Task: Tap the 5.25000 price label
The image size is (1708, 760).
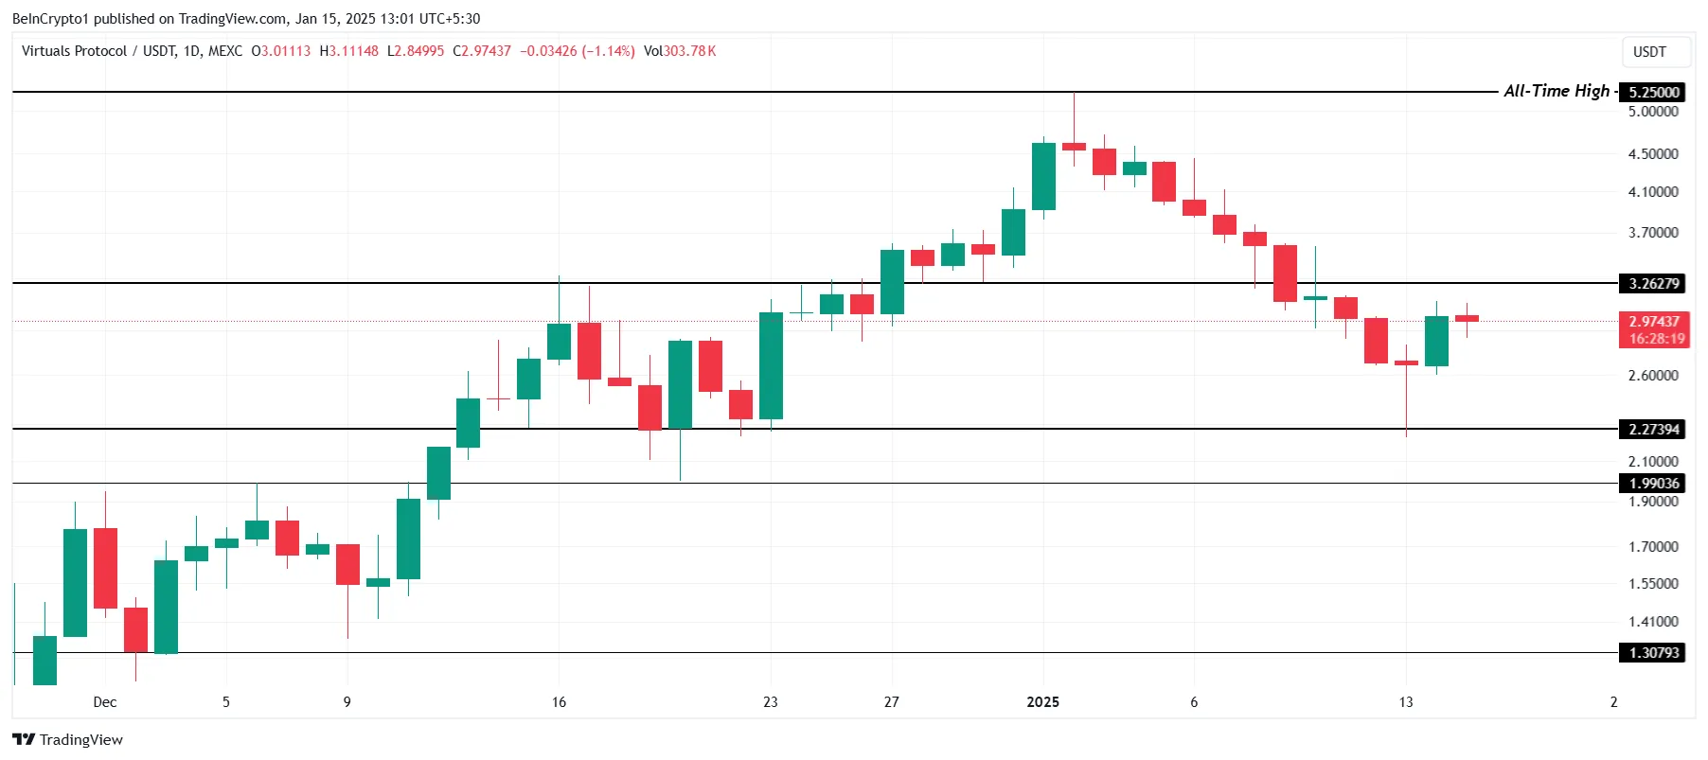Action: point(1653,92)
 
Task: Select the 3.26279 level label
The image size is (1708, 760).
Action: point(1653,283)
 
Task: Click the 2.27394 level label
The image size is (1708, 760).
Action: point(1653,429)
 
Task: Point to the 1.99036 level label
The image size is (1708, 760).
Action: point(1653,483)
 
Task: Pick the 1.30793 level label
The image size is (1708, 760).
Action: point(1653,652)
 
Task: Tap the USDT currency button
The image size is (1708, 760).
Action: point(1649,52)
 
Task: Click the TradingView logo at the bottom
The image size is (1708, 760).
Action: point(68,739)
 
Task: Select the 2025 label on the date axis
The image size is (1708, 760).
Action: point(1042,701)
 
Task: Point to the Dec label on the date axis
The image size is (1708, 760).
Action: point(105,701)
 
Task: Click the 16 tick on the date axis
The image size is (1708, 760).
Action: point(559,701)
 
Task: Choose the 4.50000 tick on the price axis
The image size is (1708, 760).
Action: point(1653,153)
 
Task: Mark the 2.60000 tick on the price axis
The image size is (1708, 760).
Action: point(1653,375)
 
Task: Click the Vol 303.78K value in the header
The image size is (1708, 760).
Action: point(680,51)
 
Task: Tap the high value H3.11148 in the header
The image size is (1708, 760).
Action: point(349,51)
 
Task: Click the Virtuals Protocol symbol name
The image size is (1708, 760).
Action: point(74,51)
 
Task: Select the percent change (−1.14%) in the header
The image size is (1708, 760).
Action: point(608,51)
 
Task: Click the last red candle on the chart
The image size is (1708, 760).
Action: point(1467,318)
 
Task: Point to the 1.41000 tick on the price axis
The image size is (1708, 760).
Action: point(1653,621)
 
